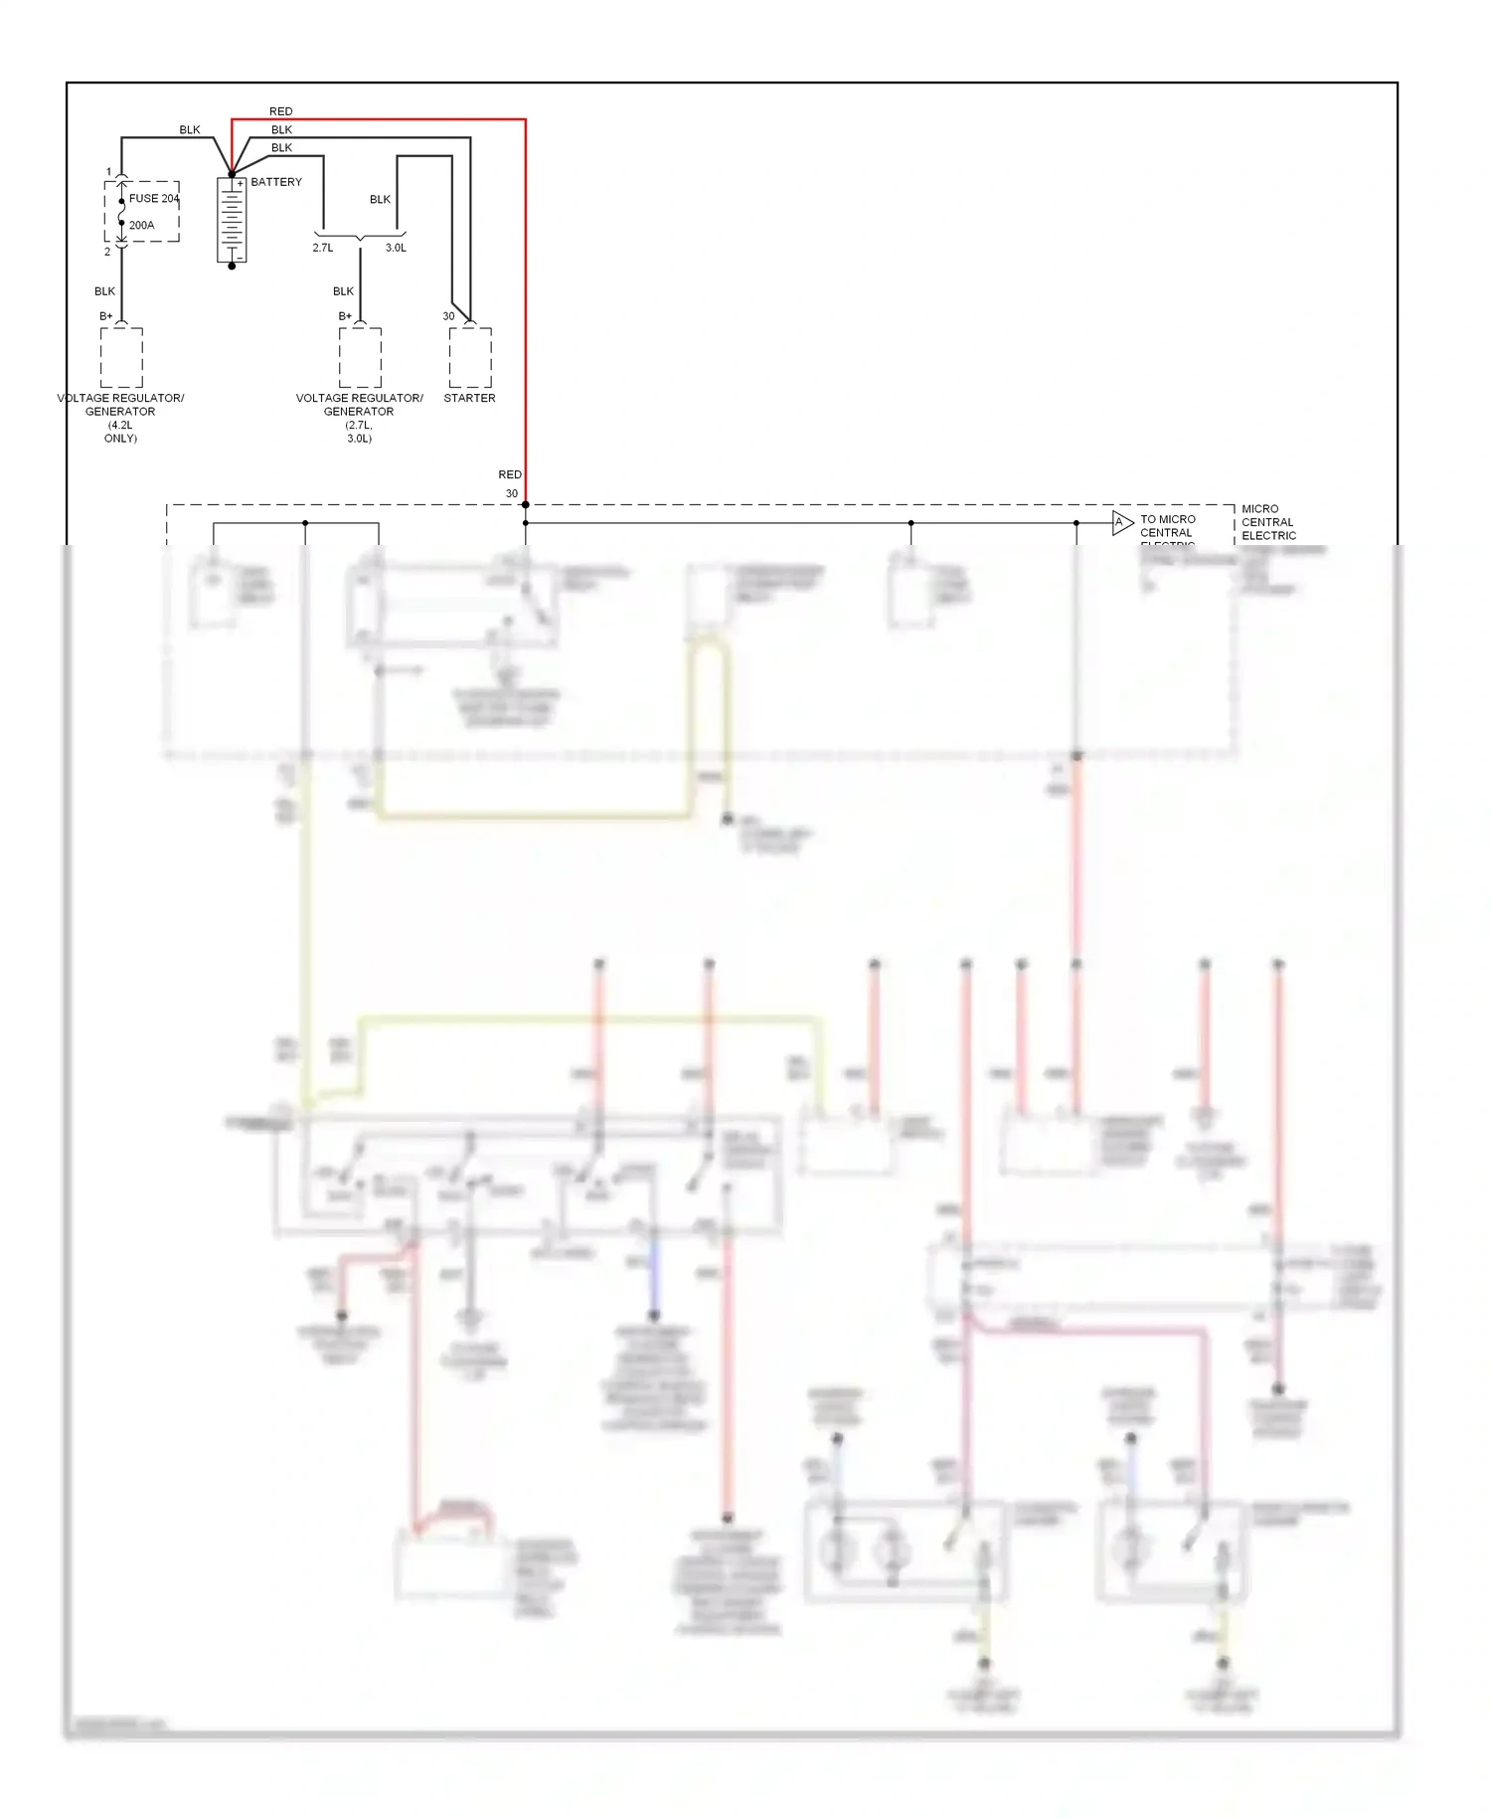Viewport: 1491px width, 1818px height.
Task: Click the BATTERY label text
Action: (275, 182)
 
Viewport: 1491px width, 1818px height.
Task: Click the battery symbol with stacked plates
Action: (232, 221)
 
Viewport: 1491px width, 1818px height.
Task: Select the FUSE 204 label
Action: (153, 198)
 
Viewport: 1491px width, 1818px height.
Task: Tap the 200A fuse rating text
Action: (141, 225)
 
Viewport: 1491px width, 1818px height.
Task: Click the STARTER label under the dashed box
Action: (469, 398)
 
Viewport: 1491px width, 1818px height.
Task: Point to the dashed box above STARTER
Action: (470, 357)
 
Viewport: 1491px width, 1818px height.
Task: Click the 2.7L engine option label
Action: (323, 248)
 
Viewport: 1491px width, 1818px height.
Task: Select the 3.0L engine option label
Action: (396, 248)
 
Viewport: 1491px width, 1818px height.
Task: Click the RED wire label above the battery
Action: (280, 111)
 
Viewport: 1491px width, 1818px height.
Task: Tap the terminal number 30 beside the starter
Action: (448, 316)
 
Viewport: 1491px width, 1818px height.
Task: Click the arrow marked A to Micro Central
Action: (1122, 522)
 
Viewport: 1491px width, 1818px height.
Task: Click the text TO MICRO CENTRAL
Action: (1167, 526)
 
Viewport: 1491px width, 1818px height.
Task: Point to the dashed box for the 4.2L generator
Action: (121, 357)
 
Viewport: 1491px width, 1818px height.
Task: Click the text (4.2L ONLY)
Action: (120, 432)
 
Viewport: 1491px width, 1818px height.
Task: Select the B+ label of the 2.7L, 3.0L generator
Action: (345, 316)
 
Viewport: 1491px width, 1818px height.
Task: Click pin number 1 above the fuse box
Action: (109, 172)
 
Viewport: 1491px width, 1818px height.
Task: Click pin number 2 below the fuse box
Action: (107, 252)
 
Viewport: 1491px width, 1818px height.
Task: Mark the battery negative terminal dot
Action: (232, 267)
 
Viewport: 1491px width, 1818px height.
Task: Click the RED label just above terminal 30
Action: (510, 474)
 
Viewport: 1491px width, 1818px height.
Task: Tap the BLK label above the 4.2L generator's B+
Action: (104, 291)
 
